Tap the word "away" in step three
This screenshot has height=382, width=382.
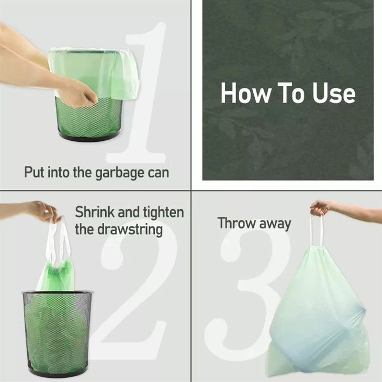(276, 224)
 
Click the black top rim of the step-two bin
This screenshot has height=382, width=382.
(57, 293)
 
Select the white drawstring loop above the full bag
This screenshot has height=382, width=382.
(317, 230)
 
